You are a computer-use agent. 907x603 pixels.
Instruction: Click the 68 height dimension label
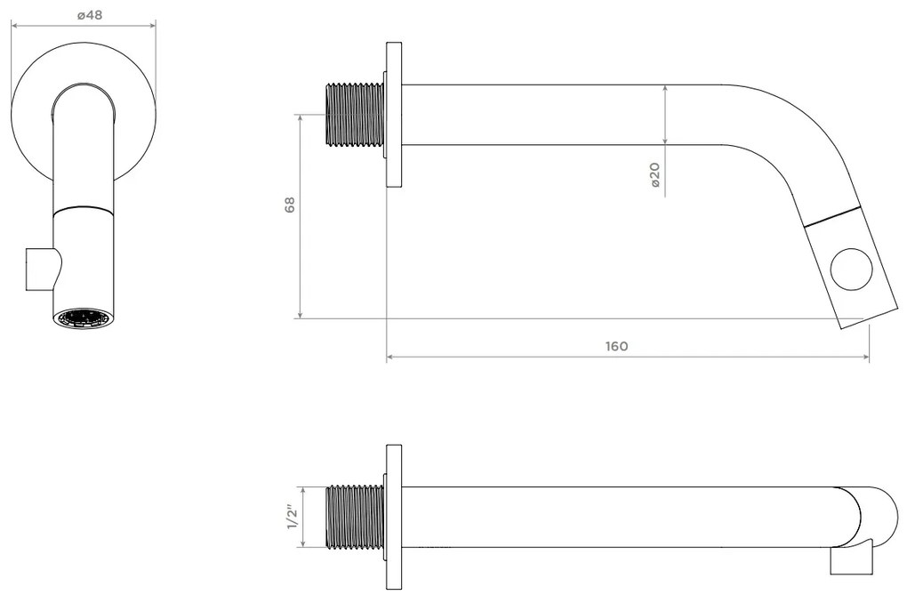(x=289, y=205)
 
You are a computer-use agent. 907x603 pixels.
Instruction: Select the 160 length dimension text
(x=616, y=346)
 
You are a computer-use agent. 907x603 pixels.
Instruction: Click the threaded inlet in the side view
(x=356, y=115)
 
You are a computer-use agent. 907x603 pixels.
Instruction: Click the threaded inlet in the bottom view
(x=356, y=516)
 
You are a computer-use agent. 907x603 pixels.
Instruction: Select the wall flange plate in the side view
(x=394, y=115)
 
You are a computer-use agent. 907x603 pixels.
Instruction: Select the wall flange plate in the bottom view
(x=394, y=516)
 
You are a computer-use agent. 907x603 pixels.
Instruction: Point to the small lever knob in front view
(x=40, y=269)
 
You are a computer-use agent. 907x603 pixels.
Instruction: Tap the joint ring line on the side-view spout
(x=832, y=216)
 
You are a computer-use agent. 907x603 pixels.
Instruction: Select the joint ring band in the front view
(x=84, y=211)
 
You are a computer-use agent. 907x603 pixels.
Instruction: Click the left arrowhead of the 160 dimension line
(x=390, y=358)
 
